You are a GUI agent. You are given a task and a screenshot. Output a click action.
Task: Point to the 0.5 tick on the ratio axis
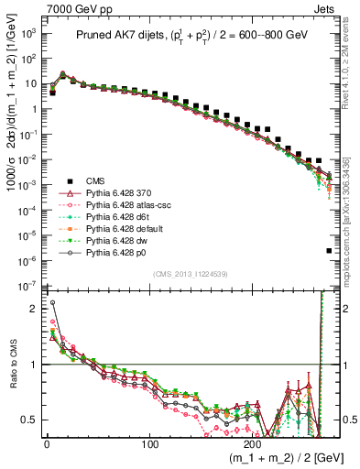pos(30,420)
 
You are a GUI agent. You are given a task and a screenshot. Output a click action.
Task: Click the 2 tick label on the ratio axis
pos(34,308)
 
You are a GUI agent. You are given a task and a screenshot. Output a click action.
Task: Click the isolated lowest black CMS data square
pos(329,250)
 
